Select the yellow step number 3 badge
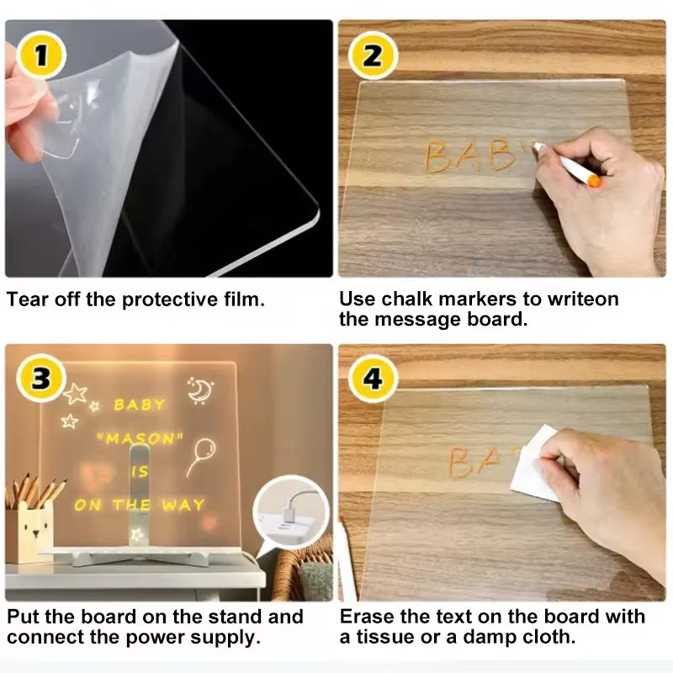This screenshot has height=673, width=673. [x=39, y=377]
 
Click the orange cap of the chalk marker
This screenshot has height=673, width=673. [x=594, y=180]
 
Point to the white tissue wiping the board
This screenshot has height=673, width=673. [x=534, y=464]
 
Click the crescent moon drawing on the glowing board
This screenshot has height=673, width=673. [x=199, y=389]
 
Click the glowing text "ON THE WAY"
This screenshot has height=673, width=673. [x=139, y=505]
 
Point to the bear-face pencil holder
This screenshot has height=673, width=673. [x=32, y=532]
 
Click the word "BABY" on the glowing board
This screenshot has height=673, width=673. [x=140, y=405]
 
